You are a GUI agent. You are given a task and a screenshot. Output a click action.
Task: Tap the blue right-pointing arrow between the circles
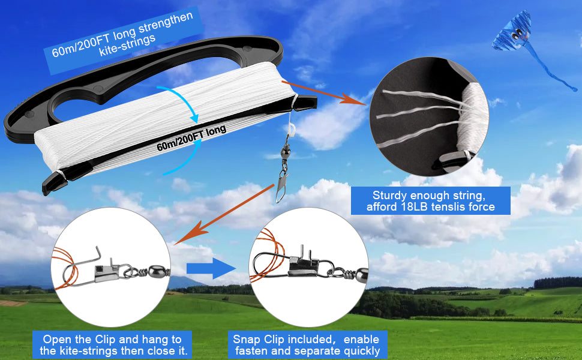[x=211, y=268]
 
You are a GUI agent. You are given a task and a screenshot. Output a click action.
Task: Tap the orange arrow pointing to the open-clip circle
[x=224, y=215]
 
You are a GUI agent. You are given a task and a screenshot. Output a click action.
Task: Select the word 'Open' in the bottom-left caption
[x=57, y=340]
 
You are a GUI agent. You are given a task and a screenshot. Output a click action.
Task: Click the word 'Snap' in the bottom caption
[x=247, y=340]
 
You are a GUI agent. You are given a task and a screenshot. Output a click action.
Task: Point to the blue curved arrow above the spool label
[x=182, y=102]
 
